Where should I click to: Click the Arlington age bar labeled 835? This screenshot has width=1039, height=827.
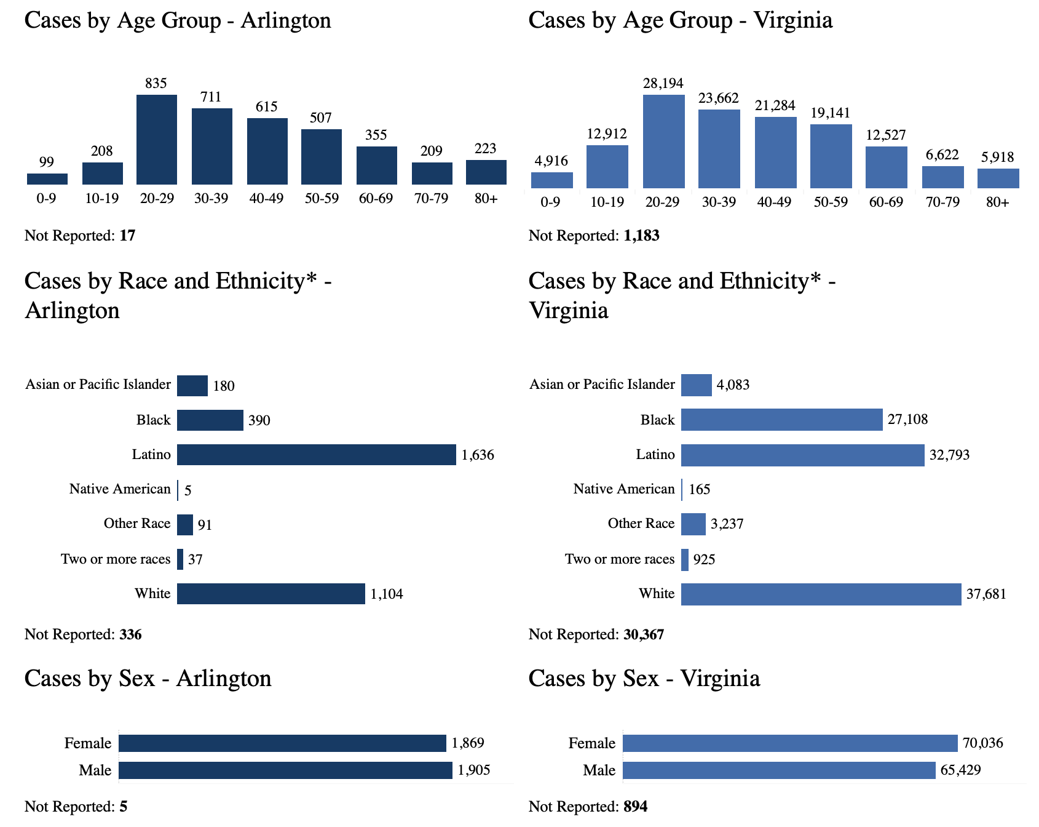pyautogui.click(x=156, y=140)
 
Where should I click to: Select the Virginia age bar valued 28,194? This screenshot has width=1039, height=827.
pyautogui.click(x=663, y=142)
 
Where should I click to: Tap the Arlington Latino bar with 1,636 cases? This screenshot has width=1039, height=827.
pyautogui.click(x=316, y=455)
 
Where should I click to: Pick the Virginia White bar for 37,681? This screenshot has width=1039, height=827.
pyautogui.click(x=821, y=594)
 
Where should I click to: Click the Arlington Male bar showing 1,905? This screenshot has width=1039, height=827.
pyautogui.click(x=285, y=770)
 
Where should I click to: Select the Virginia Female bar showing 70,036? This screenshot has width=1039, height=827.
pyautogui.click(x=790, y=743)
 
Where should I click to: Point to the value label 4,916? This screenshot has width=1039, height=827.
pyautogui.click(x=551, y=162)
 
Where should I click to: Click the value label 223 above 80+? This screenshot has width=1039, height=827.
pyautogui.click(x=486, y=148)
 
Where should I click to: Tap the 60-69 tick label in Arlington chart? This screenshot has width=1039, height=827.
pyautogui.click(x=376, y=199)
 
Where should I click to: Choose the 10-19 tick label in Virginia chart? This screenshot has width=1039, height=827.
pyautogui.click(x=607, y=202)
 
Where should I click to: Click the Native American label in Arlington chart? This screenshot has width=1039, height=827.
pyautogui.click(x=120, y=489)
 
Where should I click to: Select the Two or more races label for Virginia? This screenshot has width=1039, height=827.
pyautogui.click(x=620, y=559)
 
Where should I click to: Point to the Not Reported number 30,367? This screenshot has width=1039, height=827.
pyautogui.click(x=644, y=634)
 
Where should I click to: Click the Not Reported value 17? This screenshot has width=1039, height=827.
pyautogui.click(x=127, y=236)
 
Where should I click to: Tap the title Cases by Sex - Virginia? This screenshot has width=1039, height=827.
pyautogui.click(x=644, y=679)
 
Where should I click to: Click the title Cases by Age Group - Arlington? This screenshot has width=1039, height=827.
pyautogui.click(x=178, y=20)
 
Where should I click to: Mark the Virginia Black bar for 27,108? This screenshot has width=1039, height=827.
pyautogui.click(x=781, y=420)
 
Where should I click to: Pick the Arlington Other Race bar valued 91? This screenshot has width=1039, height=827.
pyautogui.click(x=185, y=525)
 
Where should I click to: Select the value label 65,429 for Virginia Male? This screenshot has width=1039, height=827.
pyautogui.click(x=960, y=770)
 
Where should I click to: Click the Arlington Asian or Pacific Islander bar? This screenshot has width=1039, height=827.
pyautogui.click(x=192, y=386)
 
